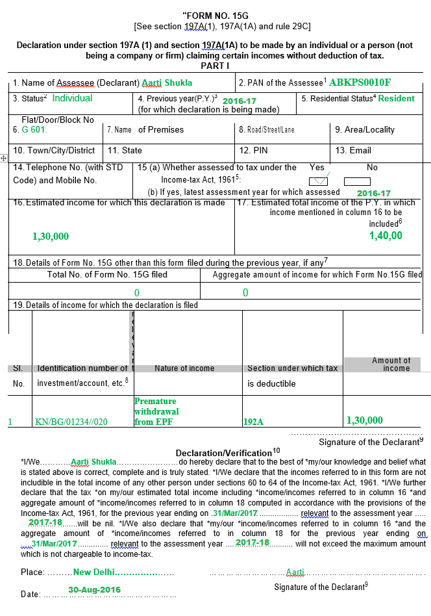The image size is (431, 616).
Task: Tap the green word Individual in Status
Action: [73, 99]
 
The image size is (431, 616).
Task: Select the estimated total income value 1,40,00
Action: [386, 236]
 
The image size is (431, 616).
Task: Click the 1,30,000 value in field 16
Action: [51, 237]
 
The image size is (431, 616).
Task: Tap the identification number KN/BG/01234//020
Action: [71, 422]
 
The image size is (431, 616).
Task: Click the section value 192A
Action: [253, 422]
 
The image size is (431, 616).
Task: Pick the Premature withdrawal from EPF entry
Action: [156, 411]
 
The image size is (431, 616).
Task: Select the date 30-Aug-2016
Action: [94, 590]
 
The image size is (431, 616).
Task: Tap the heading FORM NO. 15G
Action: [215, 15]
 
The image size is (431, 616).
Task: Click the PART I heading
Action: [215, 66]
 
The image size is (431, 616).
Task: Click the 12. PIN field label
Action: [253, 151]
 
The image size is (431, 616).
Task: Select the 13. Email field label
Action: [353, 151]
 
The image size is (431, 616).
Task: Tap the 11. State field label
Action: [125, 151]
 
